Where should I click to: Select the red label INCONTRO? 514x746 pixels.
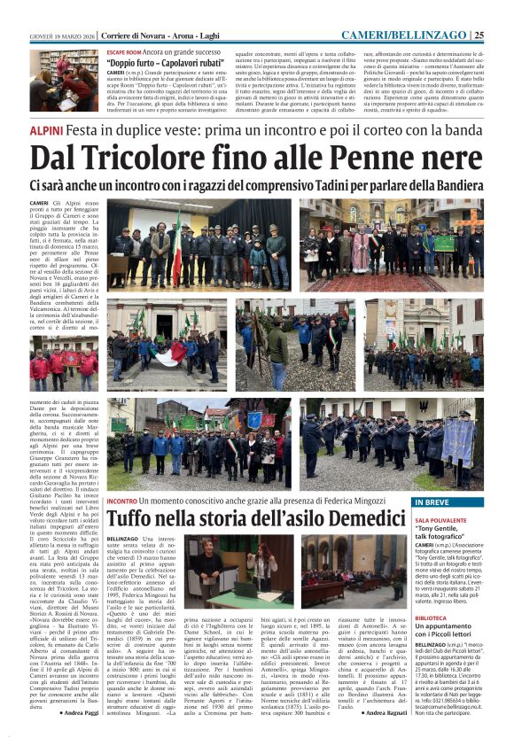[122, 501]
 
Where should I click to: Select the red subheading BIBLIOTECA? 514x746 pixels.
[432, 617]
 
